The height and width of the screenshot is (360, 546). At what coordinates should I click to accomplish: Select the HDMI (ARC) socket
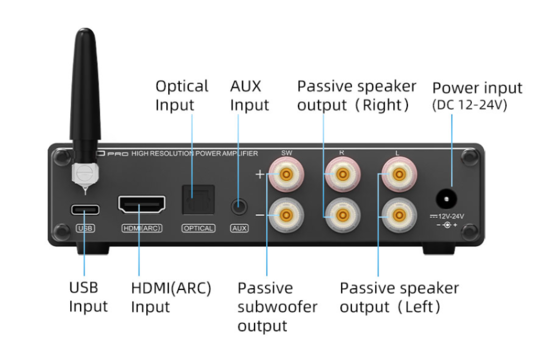click(142, 206)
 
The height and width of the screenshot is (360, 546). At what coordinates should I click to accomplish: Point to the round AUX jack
click(239, 206)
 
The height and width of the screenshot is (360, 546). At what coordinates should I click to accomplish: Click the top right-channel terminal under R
click(342, 177)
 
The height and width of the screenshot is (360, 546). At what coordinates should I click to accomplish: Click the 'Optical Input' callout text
click(181, 96)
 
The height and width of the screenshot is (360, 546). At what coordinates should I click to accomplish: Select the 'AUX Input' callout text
click(249, 96)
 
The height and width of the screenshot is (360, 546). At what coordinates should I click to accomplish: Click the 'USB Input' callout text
click(88, 297)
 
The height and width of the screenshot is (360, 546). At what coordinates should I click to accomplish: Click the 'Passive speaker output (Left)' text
click(399, 297)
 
